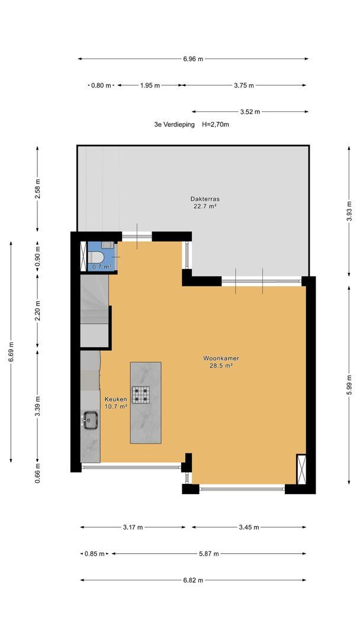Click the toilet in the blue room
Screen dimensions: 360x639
(x=95, y=257)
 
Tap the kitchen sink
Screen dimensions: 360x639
(x=90, y=419)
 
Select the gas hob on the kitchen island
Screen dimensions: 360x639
(x=140, y=395)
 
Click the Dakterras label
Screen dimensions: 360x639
(x=205, y=199)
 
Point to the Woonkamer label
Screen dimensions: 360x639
(x=221, y=359)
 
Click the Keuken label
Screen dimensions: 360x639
(x=116, y=399)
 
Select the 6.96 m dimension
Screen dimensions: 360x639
(x=193, y=59)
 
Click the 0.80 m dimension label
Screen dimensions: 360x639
(x=101, y=85)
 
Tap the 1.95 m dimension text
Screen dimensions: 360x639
(x=150, y=85)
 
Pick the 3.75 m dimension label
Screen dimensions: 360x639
(x=244, y=85)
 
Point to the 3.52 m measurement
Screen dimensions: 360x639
(x=250, y=112)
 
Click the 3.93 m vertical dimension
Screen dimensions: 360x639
(x=349, y=211)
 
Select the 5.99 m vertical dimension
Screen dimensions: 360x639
(x=349, y=385)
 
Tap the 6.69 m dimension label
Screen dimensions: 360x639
(x=11, y=352)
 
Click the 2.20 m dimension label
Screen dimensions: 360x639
(x=37, y=311)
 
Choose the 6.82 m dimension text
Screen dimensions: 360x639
(x=193, y=580)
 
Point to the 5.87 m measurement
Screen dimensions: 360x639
(x=209, y=554)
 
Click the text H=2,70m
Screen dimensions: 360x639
(x=216, y=125)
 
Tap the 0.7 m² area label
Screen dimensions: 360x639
(x=101, y=267)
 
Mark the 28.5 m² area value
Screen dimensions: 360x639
(x=221, y=366)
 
